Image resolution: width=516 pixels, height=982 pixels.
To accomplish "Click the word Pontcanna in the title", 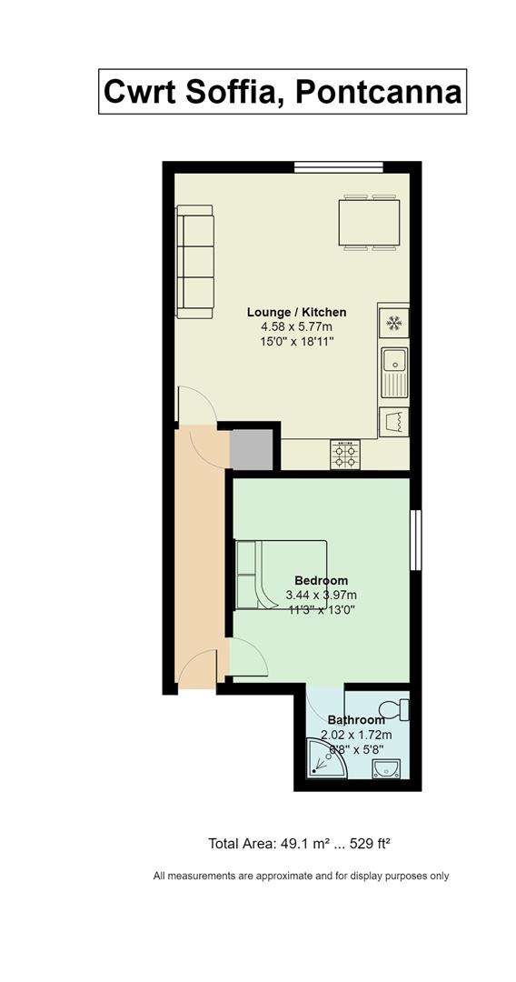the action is click(x=379, y=92).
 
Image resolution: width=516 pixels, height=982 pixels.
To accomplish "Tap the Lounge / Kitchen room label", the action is click(x=296, y=312).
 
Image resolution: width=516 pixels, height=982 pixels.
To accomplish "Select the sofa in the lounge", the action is click(x=195, y=262).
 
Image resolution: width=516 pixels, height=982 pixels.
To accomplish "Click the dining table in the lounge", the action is click(x=369, y=223).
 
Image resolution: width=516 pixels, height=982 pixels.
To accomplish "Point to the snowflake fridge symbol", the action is click(x=394, y=323).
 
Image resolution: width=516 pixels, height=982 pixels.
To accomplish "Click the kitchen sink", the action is click(x=394, y=373).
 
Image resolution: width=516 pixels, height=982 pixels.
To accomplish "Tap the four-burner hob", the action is click(x=345, y=454).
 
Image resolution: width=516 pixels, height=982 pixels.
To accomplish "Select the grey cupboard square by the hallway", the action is click(x=252, y=449).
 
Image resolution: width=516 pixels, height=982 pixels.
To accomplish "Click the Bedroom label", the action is click(x=322, y=580).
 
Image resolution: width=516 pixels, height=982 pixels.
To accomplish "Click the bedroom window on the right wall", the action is click(x=415, y=540).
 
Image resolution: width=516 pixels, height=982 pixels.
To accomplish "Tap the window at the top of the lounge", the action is click(x=338, y=166).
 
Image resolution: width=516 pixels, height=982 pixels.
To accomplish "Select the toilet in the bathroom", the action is click(x=394, y=709).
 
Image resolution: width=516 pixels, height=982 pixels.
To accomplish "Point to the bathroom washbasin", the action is click(x=386, y=768).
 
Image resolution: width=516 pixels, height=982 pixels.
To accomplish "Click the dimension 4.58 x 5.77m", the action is click(x=297, y=327).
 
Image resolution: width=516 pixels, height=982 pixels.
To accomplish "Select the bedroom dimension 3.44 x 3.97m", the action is click(x=322, y=595).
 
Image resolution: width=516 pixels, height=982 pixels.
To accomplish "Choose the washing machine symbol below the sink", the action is click(x=394, y=422).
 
